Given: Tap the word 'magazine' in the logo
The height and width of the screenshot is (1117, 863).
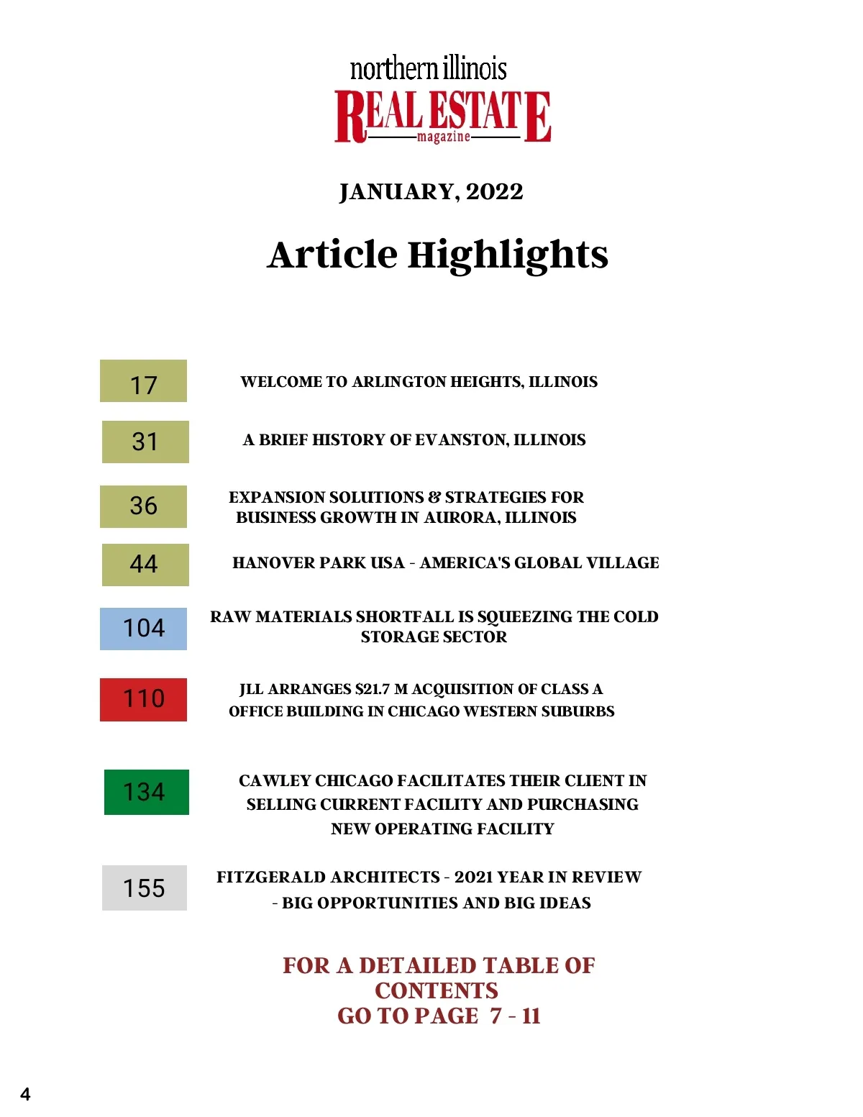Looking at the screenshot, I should click(443, 137).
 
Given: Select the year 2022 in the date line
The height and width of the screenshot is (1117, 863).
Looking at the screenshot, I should click(494, 192).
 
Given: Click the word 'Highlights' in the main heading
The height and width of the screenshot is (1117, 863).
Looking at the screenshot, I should click(508, 255).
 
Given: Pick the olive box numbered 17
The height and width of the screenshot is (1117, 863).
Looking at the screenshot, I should click(143, 381).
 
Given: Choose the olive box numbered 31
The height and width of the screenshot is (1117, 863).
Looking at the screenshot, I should click(145, 442).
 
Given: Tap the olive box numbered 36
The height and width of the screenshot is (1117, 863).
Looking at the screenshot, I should click(143, 506).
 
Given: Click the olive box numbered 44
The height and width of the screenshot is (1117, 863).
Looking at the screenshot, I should click(145, 565).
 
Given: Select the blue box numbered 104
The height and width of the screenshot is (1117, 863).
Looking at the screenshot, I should click(143, 629).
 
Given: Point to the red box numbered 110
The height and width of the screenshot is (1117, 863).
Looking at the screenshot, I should click(143, 699).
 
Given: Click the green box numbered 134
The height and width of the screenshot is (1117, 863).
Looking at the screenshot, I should click(146, 792).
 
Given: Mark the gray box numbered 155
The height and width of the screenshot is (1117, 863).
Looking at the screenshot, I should click(144, 888).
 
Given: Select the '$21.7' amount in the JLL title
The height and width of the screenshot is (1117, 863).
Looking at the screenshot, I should click(373, 689).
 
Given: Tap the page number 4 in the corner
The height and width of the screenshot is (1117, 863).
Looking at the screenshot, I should click(25, 1095).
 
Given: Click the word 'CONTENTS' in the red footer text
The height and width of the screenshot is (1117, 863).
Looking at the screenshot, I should click(437, 991).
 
